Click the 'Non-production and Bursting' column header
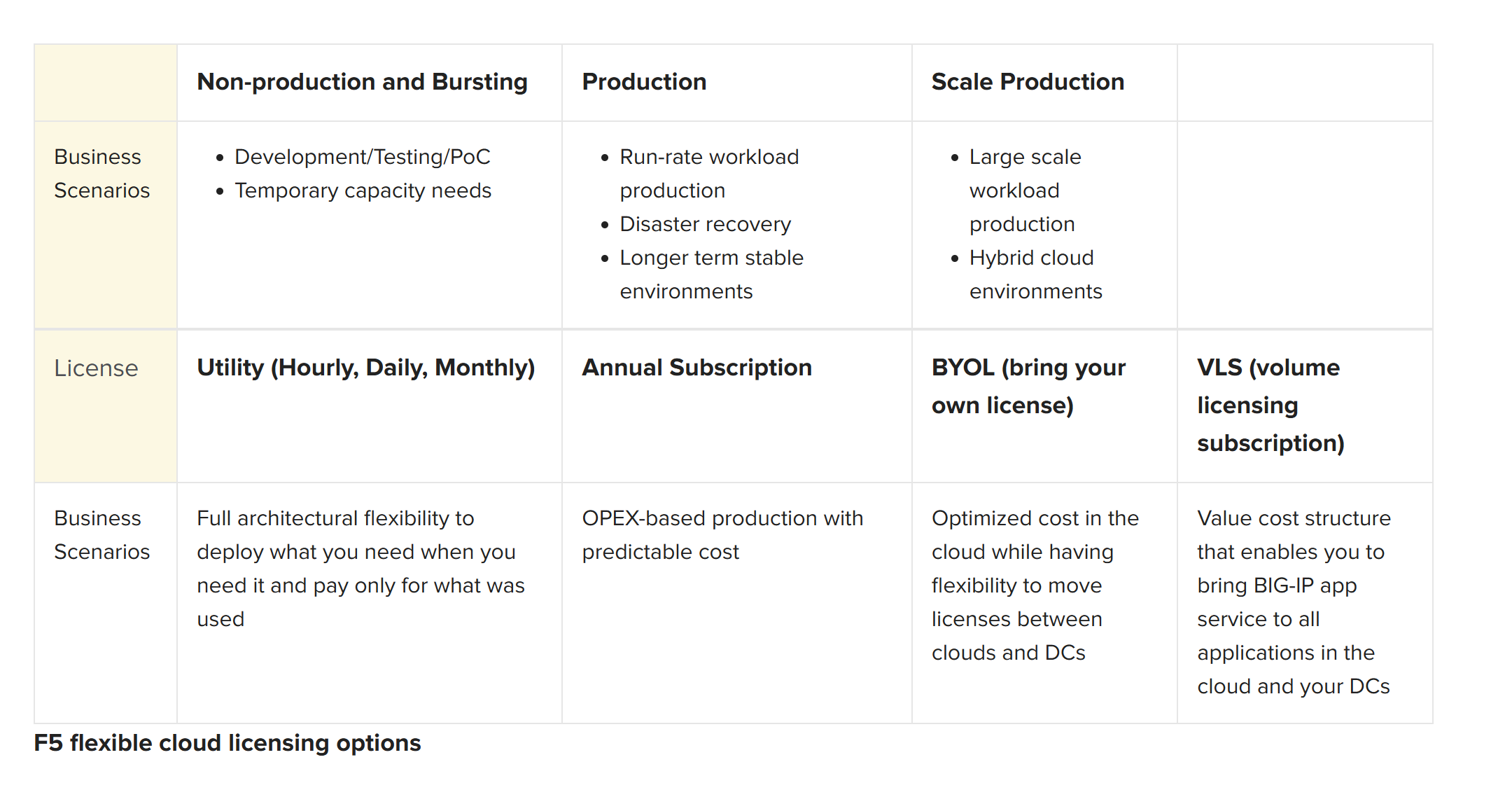[x=362, y=82]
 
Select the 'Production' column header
[x=644, y=82]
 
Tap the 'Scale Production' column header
[x=1028, y=82]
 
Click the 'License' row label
[x=96, y=368]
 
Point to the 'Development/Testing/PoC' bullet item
[x=363, y=157]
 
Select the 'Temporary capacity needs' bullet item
[x=363, y=190]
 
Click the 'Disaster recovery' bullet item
[x=705, y=224]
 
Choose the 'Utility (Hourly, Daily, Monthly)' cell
[x=366, y=368]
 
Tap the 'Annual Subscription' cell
[x=696, y=368]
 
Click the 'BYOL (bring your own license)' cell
[x=1028, y=387]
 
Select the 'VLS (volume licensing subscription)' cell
[x=1270, y=405]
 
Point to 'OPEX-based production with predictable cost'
[x=722, y=535]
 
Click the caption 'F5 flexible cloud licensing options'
[x=227, y=743]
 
